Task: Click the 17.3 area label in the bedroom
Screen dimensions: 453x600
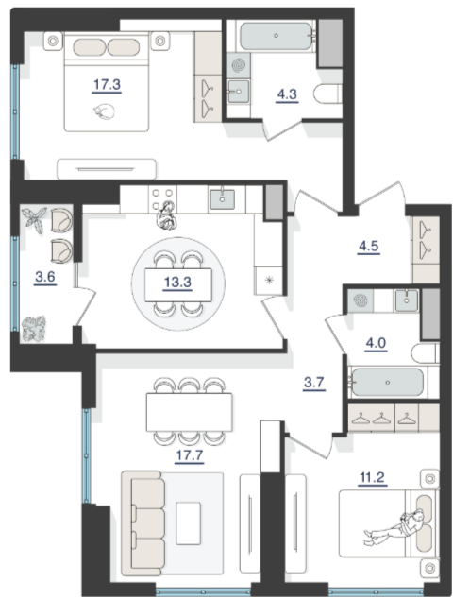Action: click(x=107, y=84)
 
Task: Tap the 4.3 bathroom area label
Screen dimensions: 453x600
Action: click(x=287, y=94)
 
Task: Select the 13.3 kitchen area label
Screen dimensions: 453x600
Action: click(x=177, y=283)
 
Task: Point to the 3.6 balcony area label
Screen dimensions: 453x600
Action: click(x=45, y=276)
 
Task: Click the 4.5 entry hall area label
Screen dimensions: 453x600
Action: click(x=368, y=246)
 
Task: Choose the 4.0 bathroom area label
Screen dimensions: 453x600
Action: click(x=376, y=343)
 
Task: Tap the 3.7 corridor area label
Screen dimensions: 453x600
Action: click(x=314, y=383)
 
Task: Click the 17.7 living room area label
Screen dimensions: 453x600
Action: click(x=190, y=455)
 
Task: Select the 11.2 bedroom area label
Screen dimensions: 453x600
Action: click(x=372, y=477)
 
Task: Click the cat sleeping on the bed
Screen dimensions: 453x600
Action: click(x=104, y=111)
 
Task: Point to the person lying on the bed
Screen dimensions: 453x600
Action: click(x=395, y=527)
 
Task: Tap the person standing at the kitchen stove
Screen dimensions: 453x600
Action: click(x=166, y=215)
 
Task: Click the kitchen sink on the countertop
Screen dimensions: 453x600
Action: click(x=222, y=199)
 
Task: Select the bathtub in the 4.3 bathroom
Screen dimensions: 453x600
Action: click(x=277, y=36)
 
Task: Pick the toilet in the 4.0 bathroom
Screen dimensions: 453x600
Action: click(x=425, y=352)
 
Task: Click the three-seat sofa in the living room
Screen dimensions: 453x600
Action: click(x=143, y=523)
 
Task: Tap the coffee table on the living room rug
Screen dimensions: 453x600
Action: click(x=189, y=523)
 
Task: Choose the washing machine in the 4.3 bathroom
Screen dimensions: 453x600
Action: click(x=239, y=65)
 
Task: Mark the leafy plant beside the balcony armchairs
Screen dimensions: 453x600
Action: click(x=34, y=219)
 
